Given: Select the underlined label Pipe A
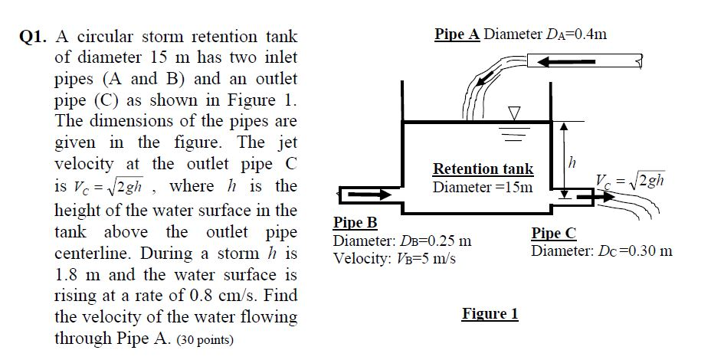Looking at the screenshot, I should point(457,34).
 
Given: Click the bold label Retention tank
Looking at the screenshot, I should point(483,169).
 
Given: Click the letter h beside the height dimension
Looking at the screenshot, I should point(569,163).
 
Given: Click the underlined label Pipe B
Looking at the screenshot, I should point(355,223).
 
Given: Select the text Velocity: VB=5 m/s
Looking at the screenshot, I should point(395,257).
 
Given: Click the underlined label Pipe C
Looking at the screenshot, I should point(553,234).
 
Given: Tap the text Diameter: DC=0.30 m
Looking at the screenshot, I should point(602,250).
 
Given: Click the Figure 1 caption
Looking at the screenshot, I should point(490,313).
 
